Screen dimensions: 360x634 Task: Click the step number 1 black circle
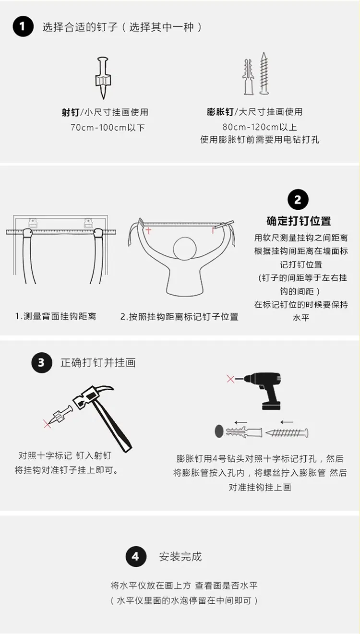(x=23, y=26)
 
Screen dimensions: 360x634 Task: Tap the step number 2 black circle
(x=298, y=200)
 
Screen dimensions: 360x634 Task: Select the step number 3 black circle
(x=42, y=362)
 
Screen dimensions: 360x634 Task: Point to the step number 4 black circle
(x=136, y=556)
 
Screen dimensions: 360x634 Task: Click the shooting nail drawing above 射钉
(x=103, y=78)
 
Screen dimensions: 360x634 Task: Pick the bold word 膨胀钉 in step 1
(x=220, y=112)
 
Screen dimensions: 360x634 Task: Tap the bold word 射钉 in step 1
(x=71, y=112)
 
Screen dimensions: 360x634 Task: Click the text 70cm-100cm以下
(x=108, y=128)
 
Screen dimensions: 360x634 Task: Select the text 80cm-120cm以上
(x=260, y=127)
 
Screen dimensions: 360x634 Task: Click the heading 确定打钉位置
(x=299, y=221)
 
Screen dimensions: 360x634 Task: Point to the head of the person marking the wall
(x=185, y=249)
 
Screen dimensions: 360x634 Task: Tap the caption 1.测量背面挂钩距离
(x=56, y=316)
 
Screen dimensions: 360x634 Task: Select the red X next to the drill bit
(x=231, y=379)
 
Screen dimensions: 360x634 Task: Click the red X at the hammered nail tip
(x=47, y=424)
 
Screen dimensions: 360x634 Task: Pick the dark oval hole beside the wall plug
(x=219, y=431)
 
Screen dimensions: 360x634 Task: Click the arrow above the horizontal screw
(x=287, y=422)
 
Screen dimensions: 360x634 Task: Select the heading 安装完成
(x=180, y=557)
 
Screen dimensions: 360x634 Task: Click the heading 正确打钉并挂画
(x=98, y=362)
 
